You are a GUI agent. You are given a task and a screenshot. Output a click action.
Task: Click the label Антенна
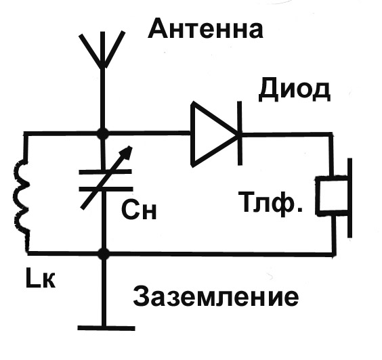pos(205,29)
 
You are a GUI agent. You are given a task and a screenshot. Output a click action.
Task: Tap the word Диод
pos(295,90)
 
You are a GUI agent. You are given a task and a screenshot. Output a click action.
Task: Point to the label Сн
pos(139,210)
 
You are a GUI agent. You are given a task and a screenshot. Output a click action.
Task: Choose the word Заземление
pos(216,296)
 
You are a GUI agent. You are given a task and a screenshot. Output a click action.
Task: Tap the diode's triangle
pos(215,134)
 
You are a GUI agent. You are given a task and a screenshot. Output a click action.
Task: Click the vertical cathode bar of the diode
pos(240,133)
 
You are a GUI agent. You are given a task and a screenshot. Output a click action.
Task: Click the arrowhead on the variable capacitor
pos(128,153)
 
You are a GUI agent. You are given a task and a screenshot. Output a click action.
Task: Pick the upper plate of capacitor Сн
pos(106,172)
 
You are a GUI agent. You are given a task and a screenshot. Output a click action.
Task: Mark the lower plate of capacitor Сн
pos(106,189)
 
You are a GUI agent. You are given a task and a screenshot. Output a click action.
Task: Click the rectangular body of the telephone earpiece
pos(332,195)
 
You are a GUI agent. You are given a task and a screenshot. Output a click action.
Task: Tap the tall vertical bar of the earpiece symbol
pos(350,198)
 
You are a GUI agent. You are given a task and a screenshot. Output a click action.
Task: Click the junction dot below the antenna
pos(103,133)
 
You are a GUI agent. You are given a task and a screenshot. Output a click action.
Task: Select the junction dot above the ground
pos(104,254)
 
